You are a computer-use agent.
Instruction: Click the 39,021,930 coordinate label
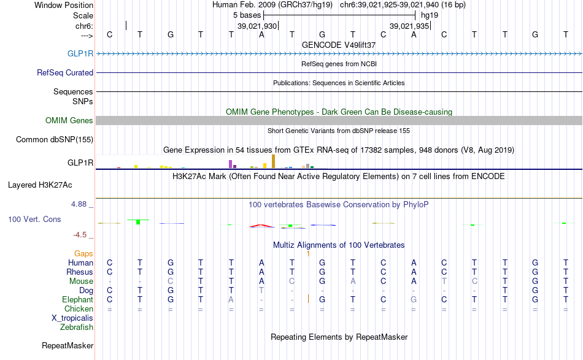(258, 26)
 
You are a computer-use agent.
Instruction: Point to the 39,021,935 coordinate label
(409, 26)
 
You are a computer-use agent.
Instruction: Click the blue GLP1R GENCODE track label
(80, 53)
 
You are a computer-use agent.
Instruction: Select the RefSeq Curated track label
(65, 72)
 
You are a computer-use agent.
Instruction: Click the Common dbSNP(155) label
(54, 139)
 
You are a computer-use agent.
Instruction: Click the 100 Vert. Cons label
(34, 219)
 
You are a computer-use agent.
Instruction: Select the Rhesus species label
(80, 272)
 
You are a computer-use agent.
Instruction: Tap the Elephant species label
(77, 299)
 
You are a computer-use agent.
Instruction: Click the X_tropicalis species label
(72, 318)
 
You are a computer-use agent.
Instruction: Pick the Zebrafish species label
(77, 327)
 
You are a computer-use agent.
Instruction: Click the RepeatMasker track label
(67, 346)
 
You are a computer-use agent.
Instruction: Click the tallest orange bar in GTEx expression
(273, 161)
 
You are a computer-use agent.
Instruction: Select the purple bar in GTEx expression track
(230, 164)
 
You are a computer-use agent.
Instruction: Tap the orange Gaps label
(83, 253)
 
